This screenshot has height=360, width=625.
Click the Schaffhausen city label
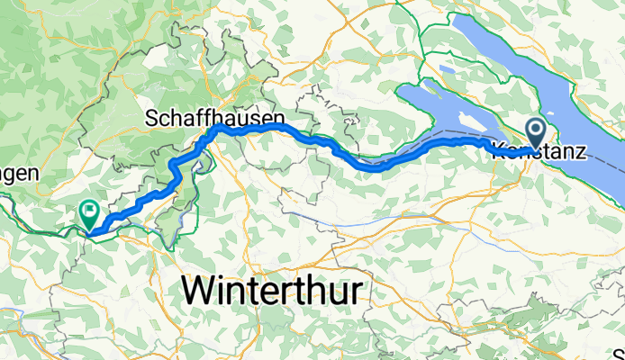pos(215,118)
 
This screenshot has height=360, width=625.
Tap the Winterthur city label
pos(276,291)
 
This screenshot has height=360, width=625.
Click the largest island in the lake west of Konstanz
pos(469,121)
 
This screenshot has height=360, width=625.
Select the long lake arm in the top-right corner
pos(549,63)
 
